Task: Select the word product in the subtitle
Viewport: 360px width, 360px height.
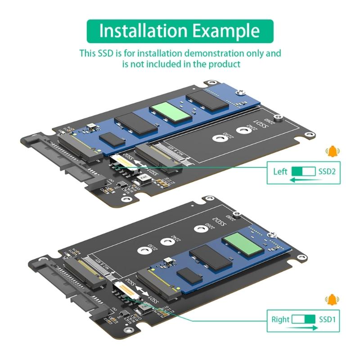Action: tap(225, 64)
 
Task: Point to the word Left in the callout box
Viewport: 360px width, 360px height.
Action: tap(280, 171)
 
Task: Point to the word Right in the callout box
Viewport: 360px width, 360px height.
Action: tap(280, 320)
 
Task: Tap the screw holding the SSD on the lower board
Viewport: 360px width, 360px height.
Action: tap(273, 234)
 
